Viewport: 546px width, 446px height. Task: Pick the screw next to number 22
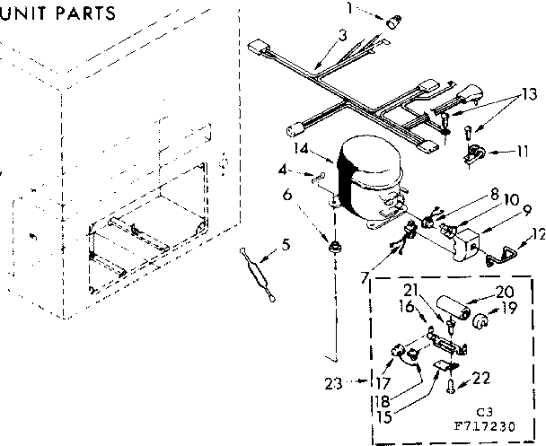(x=448, y=387)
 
